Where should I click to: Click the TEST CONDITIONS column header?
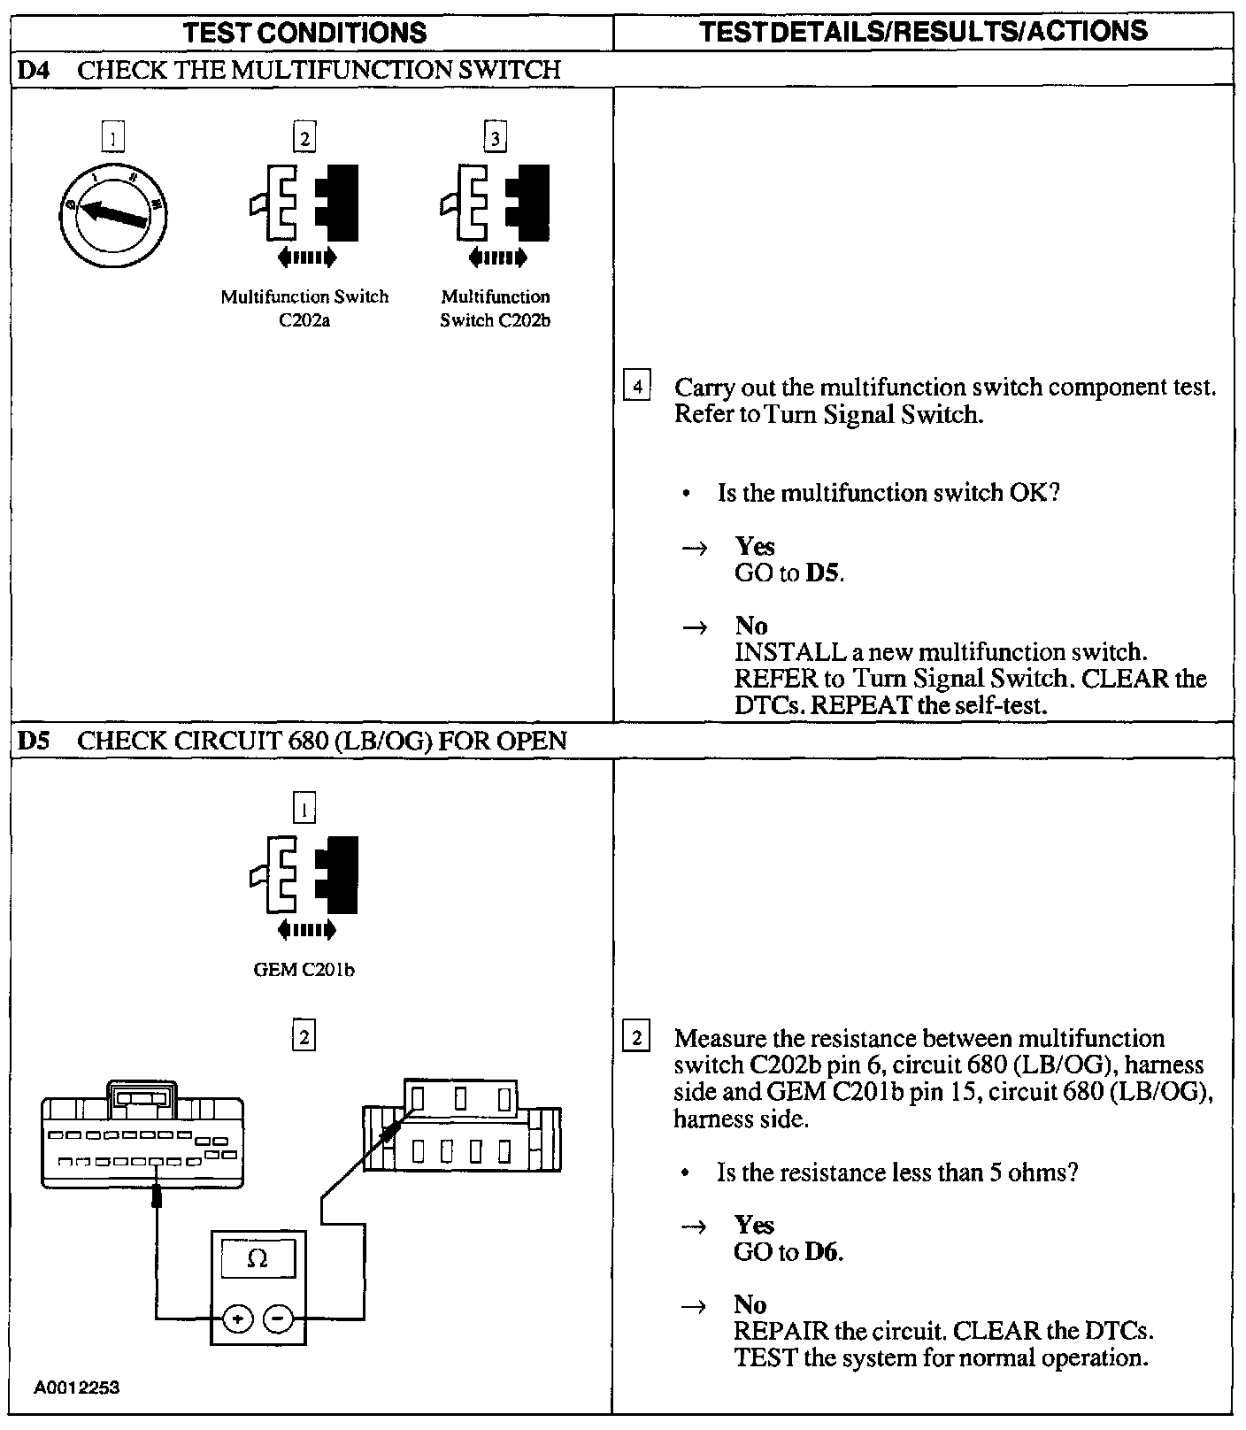point(304,34)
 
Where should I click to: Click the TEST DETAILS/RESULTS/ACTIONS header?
point(923,32)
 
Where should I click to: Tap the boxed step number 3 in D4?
point(495,138)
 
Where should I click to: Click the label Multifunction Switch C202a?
point(304,308)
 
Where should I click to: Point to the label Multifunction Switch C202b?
point(495,308)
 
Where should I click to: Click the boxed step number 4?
point(637,388)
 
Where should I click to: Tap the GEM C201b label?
point(304,970)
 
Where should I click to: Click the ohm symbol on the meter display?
point(258,1258)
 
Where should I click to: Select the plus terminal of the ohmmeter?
point(237,1319)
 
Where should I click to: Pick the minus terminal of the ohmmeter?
point(278,1319)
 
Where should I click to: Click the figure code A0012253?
point(77,1388)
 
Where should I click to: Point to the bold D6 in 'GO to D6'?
point(823,1252)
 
